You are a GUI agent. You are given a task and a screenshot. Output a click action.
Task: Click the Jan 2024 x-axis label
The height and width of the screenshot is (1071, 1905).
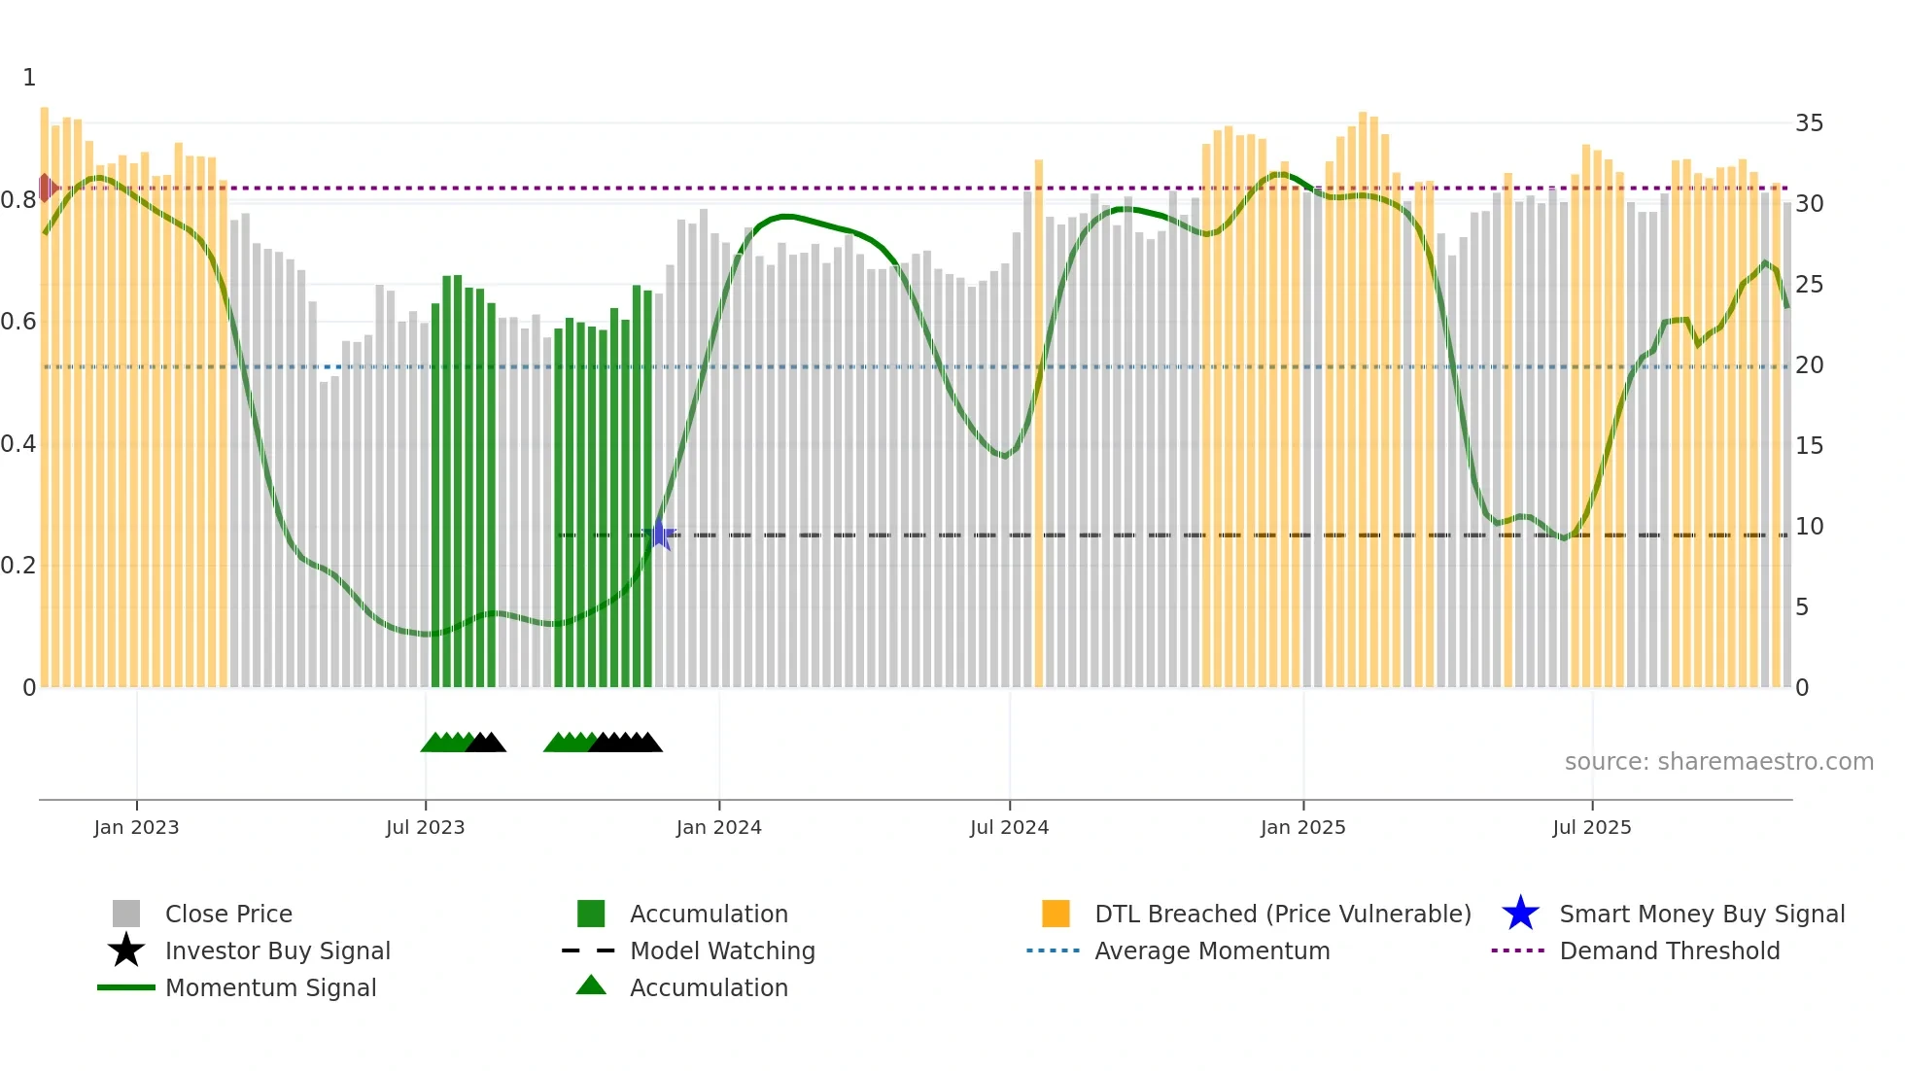pyautogui.click(x=718, y=827)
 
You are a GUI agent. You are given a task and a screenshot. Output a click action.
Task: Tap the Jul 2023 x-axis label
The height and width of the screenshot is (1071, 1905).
pyautogui.click(x=425, y=827)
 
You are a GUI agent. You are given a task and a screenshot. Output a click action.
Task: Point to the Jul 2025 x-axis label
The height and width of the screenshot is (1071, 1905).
pyautogui.click(x=1591, y=827)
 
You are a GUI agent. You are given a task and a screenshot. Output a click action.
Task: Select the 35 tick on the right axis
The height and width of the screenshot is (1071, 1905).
pyautogui.click(x=1809, y=123)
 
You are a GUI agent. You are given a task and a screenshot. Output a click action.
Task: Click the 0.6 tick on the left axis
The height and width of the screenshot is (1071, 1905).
pyautogui.click(x=18, y=322)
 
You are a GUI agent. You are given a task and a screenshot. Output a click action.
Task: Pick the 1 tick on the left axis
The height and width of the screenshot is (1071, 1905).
pyautogui.click(x=29, y=78)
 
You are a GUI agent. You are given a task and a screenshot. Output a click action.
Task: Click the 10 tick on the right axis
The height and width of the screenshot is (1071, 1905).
pyautogui.click(x=1809, y=527)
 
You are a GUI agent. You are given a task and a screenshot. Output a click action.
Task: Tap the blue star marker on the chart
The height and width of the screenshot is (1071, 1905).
pyautogui.click(x=660, y=535)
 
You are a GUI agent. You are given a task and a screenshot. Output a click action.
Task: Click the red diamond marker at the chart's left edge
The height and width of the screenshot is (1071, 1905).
pyautogui.click(x=46, y=188)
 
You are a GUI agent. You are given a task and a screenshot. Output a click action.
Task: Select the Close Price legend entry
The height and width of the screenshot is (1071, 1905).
pyautogui.click(x=228, y=914)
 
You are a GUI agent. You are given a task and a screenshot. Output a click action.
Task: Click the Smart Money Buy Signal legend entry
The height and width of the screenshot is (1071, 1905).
pyautogui.click(x=1701, y=914)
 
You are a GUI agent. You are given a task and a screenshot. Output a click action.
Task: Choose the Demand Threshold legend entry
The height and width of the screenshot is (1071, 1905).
pyautogui.click(x=1669, y=950)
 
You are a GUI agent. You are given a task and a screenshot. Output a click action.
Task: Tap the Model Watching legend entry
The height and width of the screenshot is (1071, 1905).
pyautogui.click(x=721, y=950)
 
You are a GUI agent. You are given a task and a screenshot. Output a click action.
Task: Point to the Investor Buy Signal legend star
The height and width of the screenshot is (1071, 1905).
pyautogui.click(x=126, y=950)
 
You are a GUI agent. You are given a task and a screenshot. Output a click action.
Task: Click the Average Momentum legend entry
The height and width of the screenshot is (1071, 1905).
pyautogui.click(x=1211, y=950)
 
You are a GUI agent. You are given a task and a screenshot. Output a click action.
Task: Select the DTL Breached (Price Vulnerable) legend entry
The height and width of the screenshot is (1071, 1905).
pyautogui.click(x=1282, y=914)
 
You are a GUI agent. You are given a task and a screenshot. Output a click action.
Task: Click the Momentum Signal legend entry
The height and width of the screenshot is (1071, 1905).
pyautogui.click(x=270, y=987)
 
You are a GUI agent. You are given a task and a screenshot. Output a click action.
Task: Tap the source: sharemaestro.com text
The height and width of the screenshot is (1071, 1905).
pyautogui.click(x=1718, y=762)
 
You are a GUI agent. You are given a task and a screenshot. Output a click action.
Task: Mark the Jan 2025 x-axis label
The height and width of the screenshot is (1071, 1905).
pyautogui.click(x=1302, y=827)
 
